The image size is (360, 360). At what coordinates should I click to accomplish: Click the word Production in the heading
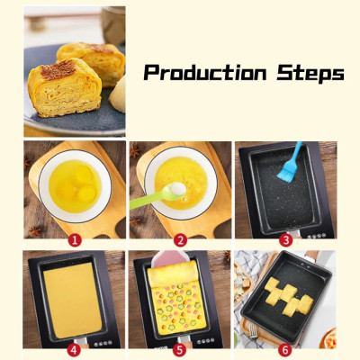click(x=202, y=74)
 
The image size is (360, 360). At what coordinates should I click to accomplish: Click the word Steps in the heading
click(x=306, y=74)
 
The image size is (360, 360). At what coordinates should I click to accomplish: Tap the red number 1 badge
click(x=76, y=240)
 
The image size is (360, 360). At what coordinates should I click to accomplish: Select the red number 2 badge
click(x=180, y=240)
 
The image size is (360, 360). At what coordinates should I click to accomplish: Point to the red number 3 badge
click(x=285, y=240)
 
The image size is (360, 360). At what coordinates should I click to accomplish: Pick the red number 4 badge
click(x=76, y=350)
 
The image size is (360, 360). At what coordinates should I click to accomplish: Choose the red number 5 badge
click(x=180, y=350)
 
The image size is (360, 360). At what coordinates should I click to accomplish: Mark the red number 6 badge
click(x=285, y=350)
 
